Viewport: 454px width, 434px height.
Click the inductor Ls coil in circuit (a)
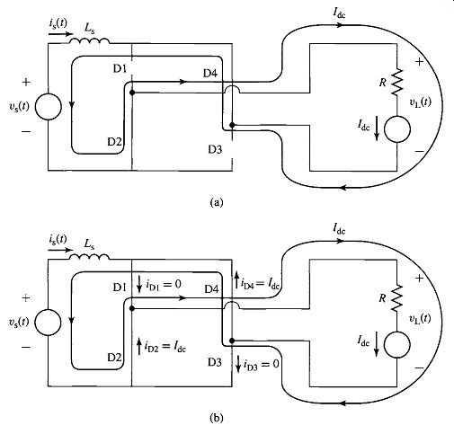click(90, 40)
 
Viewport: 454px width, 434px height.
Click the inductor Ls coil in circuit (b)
click(90, 257)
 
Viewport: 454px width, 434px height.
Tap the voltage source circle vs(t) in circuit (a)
click(49, 107)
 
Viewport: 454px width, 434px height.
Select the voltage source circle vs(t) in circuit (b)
click(48, 323)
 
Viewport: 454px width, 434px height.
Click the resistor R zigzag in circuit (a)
click(397, 82)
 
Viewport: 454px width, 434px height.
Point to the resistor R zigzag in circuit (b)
click(397, 298)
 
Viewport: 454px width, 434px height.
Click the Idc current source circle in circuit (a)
click(397, 129)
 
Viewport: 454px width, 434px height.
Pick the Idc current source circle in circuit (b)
click(397, 345)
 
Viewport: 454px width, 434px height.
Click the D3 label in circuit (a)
click(215, 149)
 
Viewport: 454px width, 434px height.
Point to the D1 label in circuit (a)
click(120, 69)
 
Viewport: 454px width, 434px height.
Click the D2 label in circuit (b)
click(114, 357)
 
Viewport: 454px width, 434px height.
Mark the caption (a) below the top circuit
click(217, 202)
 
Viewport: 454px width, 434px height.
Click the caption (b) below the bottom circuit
click(217, 418)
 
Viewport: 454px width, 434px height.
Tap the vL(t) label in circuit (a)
click(421, 102)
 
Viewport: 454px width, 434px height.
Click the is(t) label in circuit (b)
click(58, 240)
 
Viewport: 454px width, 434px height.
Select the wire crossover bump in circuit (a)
click(232, 89)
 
